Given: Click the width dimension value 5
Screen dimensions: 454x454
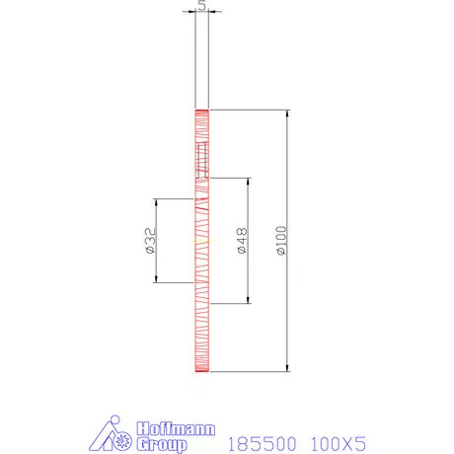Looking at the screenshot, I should coord(201,5).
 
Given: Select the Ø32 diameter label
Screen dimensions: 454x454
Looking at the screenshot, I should coord(149,240).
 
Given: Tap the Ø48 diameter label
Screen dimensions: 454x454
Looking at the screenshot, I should coord(242,240).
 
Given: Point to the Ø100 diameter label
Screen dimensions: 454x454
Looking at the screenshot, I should coord(281,240).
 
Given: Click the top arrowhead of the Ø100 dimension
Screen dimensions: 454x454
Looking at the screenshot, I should coord(288,113).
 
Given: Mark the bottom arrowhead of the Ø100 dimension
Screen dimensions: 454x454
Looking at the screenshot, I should coord(288,367).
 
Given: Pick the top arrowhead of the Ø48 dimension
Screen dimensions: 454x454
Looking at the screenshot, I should coord(249,182).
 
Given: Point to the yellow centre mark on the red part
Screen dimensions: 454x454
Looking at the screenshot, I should coord(201,240).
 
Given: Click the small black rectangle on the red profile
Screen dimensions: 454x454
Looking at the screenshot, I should coord(202,158).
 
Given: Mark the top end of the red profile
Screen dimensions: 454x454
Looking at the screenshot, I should coord(201,110).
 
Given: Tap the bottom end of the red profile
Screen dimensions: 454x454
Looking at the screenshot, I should coord(201,370).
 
